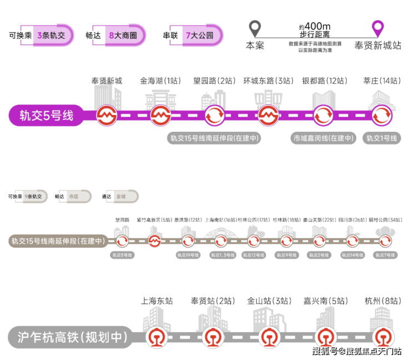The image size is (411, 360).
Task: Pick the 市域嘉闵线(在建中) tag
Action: pos(323,138)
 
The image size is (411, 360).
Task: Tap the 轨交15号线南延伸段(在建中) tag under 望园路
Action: pos(214,138)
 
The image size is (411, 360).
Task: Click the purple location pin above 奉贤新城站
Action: pos(378,28)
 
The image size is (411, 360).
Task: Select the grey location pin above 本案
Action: pos(255,28)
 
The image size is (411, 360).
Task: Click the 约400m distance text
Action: pos(314,26)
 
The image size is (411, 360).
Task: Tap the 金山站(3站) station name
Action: pos(269,301)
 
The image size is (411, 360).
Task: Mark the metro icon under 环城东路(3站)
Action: pos(269,116)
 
